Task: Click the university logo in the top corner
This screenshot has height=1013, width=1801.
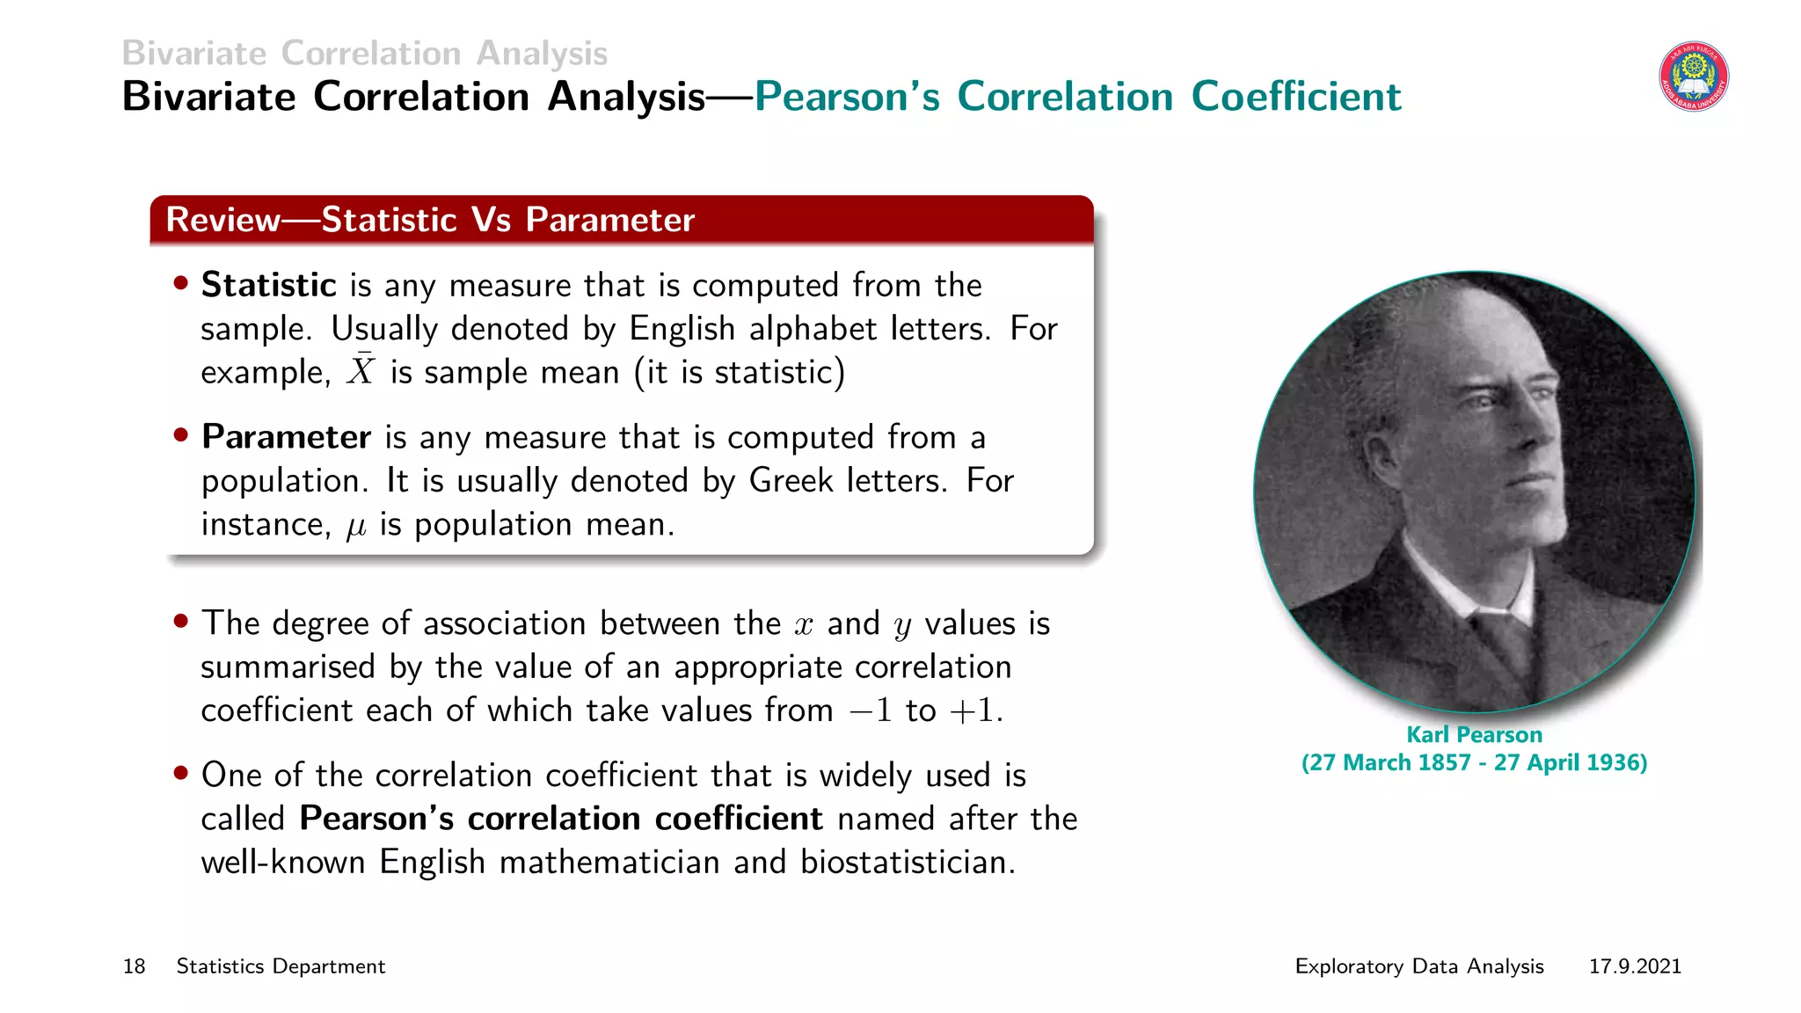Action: pos(1693,77)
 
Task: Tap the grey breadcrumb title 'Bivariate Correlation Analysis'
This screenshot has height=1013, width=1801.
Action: pos(364,53)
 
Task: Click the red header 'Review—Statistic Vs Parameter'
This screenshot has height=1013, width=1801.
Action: pos(430,220)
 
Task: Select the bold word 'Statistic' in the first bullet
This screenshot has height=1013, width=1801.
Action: pos(268,285)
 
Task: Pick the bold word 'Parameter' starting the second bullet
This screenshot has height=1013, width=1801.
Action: pos(286,437)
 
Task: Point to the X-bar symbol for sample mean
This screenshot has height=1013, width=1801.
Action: pos(361,370)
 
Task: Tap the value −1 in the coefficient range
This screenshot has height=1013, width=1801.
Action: pos(871,711)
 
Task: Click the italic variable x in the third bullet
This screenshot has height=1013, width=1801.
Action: pos(804,624)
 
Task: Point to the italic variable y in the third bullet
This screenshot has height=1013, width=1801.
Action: pos(902,626)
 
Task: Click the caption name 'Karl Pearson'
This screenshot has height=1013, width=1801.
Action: pos(1474,734)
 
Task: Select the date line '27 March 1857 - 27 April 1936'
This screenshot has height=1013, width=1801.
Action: pos(1474,762)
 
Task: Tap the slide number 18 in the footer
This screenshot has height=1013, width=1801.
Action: pos(134,966)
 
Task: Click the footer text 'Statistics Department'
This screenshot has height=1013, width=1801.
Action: pos(281,966)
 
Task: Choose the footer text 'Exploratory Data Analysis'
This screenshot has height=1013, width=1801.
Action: pos(1418,966)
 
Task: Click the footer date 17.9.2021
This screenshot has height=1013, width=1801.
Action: pos(1634,966)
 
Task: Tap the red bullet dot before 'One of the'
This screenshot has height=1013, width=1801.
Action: pos(181,774)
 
